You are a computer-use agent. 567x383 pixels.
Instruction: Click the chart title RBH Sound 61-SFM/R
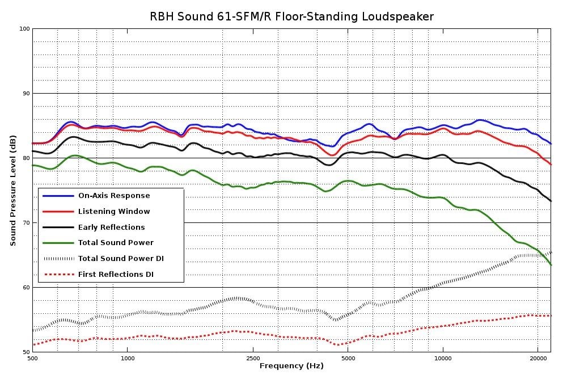coord(291,16)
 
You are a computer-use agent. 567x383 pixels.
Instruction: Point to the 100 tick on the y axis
coord(25,28)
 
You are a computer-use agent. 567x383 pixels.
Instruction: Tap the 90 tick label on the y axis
coord(25,93)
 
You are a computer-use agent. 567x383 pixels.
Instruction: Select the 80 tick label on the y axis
coord(25,158)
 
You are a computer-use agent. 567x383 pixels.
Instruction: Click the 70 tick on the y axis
coord(25,222)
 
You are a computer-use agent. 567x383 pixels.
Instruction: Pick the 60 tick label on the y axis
coord(25,287)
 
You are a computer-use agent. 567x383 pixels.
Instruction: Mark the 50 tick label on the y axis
coord(25,352)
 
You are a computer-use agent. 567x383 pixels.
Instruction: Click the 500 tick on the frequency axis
coord(32,358)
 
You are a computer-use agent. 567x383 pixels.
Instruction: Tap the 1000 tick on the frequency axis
coord(128,358)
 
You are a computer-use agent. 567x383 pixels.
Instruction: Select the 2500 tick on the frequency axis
coord(253,358)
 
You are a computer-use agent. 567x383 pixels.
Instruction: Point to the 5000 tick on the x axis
coord(348,358)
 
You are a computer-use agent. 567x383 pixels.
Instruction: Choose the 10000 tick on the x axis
coord(443,358)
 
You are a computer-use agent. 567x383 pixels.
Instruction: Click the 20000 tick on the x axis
coord(538,358)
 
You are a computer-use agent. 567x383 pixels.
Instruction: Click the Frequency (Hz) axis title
coord(291,366)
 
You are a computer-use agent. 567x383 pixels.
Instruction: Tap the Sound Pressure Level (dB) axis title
coord(12,190)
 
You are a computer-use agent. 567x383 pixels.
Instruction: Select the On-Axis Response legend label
coord(114,196)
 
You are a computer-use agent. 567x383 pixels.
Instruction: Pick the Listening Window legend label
coord(114,212)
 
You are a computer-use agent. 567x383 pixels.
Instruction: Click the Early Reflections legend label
coord(111,228)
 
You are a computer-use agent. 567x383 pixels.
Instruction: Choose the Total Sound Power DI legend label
coord(121,259)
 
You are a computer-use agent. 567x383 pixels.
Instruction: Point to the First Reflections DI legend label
coord(116,275)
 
